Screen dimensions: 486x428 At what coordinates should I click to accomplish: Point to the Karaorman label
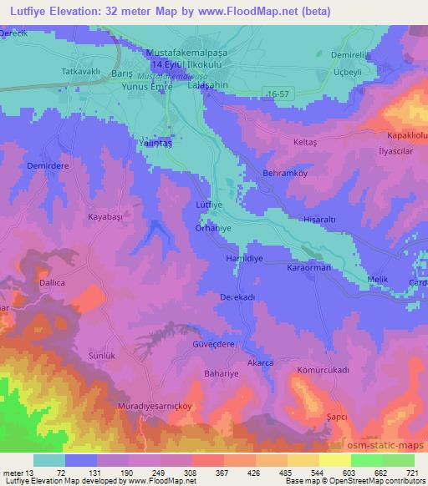[310, 266]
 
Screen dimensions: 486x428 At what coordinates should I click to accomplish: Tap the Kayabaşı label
[106, 216]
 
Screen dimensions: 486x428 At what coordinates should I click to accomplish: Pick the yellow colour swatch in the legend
[334, 460]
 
